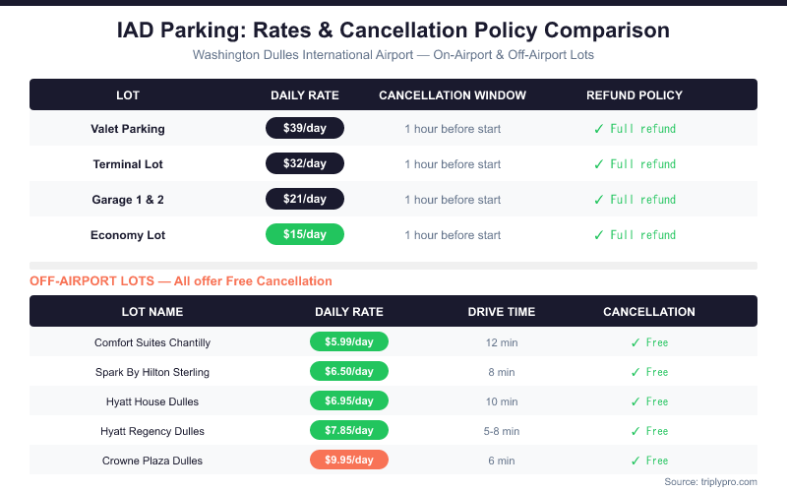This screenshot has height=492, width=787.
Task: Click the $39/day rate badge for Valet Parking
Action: coord(305,128)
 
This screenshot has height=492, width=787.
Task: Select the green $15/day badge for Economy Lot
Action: coord(305,234)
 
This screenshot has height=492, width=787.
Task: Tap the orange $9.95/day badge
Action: coord(349,460)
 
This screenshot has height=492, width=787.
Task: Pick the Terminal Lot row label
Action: coord(128,163)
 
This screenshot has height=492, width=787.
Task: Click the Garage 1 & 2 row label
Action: coord(128,199)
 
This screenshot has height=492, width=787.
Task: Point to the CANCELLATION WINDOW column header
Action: coord(453,95)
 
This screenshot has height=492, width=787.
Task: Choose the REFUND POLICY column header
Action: coord(635,95)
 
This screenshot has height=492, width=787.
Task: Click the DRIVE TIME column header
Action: coord(502,312)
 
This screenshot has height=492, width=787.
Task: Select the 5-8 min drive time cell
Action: coord(502,431)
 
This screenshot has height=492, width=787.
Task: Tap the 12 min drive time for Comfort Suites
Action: coord(502,342)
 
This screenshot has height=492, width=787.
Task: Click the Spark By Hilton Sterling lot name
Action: coord(152,372)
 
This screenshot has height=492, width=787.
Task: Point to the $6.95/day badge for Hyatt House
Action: coord(349,401)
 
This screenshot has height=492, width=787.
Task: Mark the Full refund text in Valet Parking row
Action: coord(642,129)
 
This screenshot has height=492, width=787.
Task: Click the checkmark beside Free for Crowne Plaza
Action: coord(636,461)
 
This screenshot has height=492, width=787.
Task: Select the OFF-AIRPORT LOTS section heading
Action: coord(181,281)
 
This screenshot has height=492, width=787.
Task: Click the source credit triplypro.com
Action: coord(710,481)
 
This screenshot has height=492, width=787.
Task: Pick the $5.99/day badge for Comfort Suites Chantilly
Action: coord(349,342)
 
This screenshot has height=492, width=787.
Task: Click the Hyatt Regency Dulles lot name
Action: coord(152,431)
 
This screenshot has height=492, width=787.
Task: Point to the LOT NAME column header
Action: coord(152,312)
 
